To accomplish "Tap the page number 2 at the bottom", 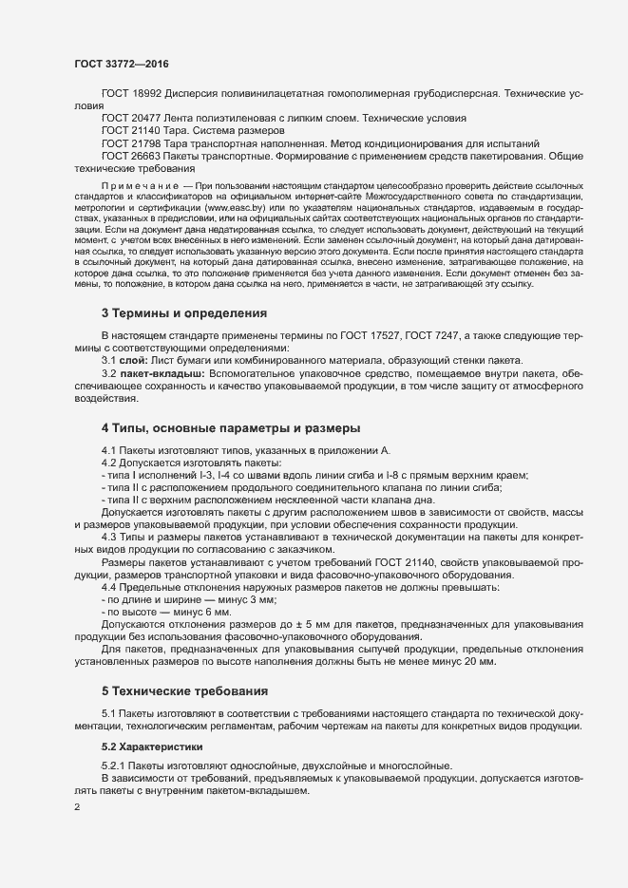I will [77, 807].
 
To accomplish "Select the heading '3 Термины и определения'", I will [183, 312].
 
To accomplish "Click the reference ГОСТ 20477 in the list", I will [132, 118].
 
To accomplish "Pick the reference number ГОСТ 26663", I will [132, 155].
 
